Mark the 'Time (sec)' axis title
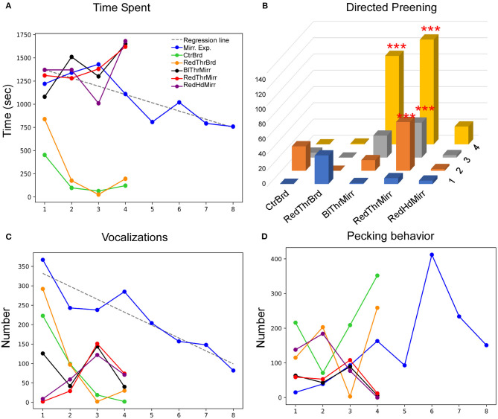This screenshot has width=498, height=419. click(8, 117)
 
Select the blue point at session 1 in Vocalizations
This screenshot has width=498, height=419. click(43, 260)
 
